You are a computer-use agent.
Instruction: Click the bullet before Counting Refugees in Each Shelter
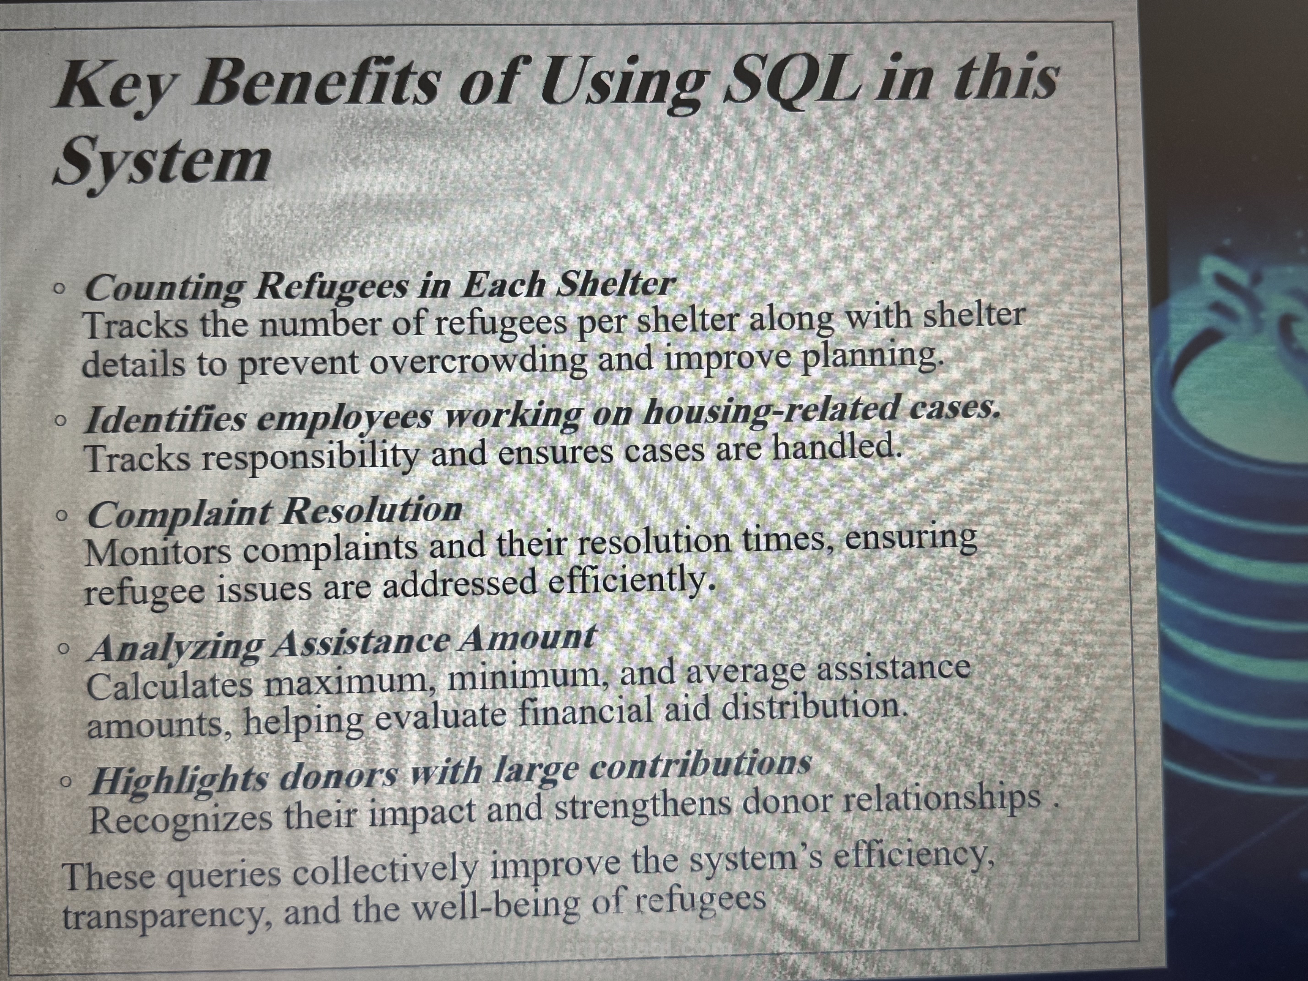[58, 289]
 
